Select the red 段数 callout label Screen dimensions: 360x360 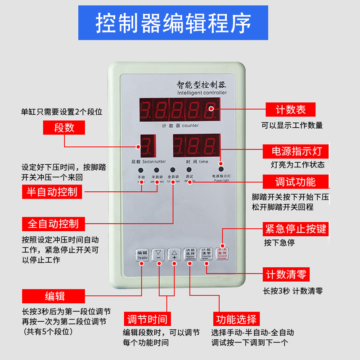64,128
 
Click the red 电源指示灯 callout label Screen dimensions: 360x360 296,151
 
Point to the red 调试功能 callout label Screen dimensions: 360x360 296,182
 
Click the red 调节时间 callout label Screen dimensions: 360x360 147,319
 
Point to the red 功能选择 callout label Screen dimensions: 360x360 236,319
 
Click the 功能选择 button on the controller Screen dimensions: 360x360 190,255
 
